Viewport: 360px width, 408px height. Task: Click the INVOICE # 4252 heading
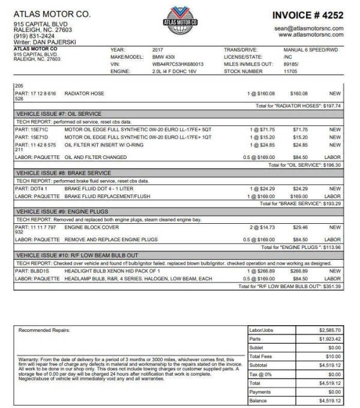(308, 14)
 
